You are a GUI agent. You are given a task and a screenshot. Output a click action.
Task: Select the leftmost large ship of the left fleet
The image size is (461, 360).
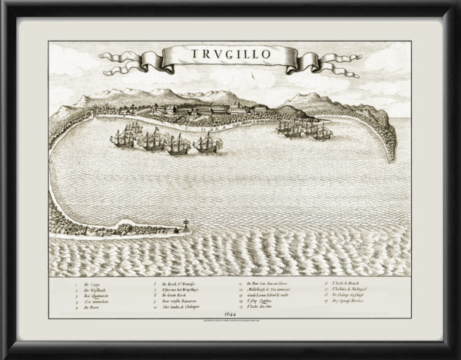click(x=121, y=138)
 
